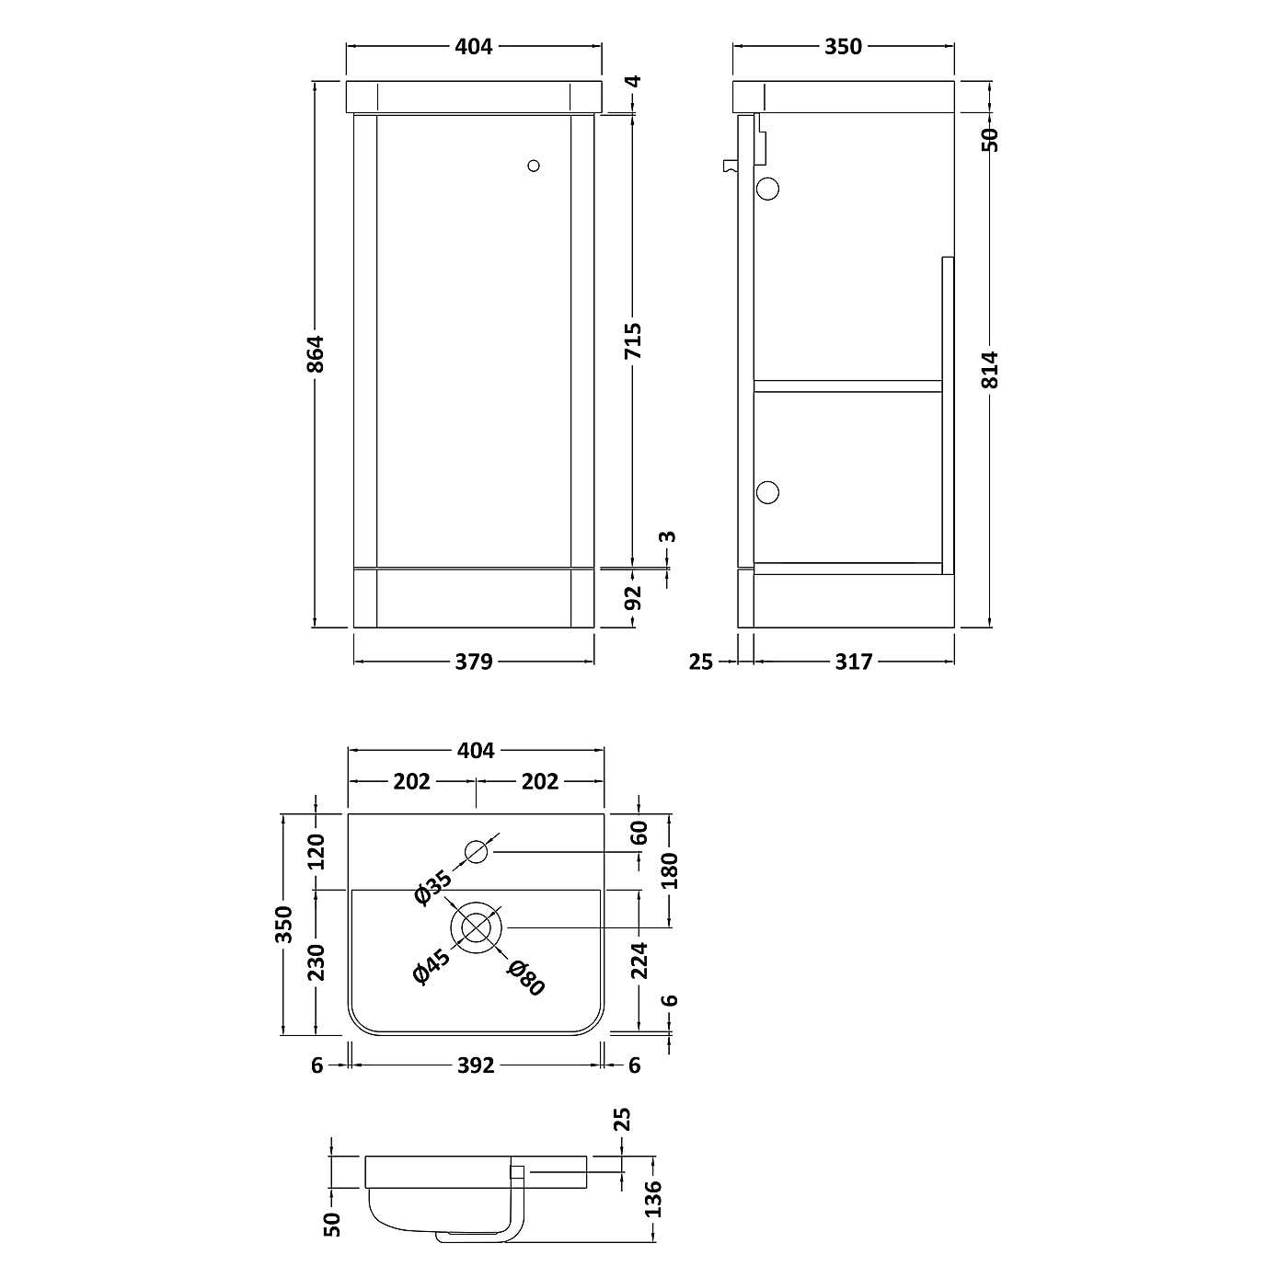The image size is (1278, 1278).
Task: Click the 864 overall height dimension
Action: pos(316,354)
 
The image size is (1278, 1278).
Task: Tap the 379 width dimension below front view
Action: pos(474,661)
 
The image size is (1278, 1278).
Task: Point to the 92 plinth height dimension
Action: pos(633,598)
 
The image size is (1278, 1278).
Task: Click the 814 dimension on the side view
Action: pos(990,369)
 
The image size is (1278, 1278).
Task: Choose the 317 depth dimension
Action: pos(853,661)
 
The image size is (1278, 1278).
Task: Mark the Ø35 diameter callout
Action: pos(433,887)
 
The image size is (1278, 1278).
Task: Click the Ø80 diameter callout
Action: pos(527,977)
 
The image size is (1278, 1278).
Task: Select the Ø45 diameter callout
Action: pos(432,966)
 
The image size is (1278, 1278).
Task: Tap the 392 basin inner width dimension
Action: pos(476,1065)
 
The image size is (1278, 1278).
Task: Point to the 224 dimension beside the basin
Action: pos(639,960)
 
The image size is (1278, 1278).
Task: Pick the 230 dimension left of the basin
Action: pos(316,962)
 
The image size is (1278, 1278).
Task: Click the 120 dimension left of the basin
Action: pos(316,851)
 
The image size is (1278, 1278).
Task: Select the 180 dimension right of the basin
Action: pos(669,870)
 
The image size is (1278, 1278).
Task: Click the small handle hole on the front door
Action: pos(534,166)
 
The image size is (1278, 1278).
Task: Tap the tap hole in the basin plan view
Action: pos(476,852)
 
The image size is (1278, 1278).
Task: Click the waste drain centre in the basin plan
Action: pos(476,927)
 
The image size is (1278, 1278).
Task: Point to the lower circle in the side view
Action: pos(766,492)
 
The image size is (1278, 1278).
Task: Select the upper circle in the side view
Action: pos(766,190)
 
